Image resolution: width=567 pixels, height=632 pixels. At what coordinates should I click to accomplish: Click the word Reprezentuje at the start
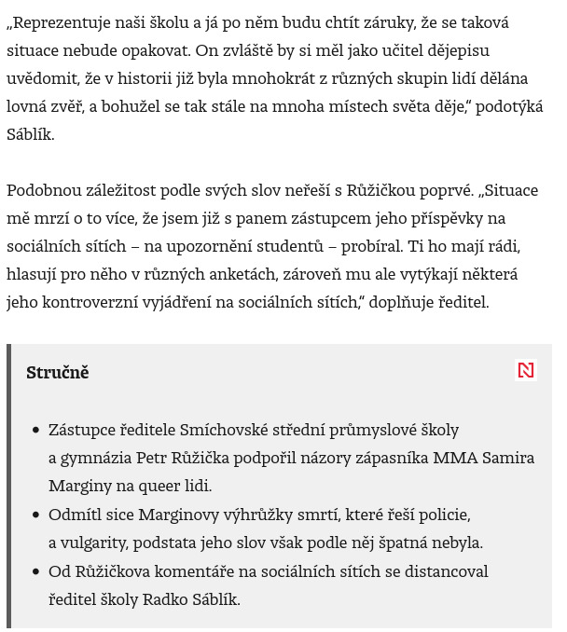click(x=62, y=21)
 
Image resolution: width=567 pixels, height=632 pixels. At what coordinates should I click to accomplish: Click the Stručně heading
click(x=58, y=372)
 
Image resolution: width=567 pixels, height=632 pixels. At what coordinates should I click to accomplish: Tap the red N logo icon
click(x=526, y=370)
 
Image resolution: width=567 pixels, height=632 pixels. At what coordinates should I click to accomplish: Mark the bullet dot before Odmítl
click(x=36, y=515)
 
